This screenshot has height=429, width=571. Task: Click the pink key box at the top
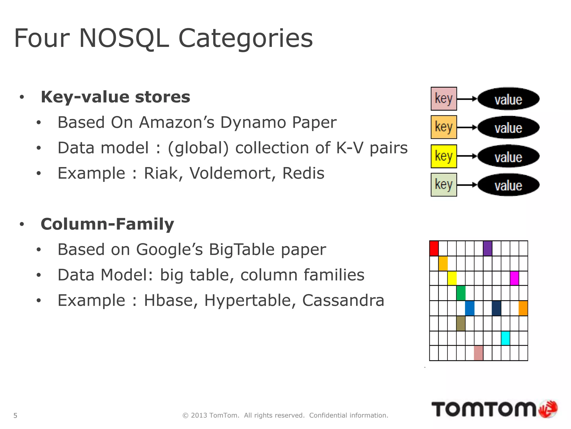(x=444, y=99)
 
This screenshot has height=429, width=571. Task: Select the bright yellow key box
(x=444, y=156)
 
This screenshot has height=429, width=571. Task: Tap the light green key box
(x=444, y=185)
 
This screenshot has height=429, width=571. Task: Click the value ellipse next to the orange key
(x=509, y=127)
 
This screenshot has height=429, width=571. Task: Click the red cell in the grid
(x=434, y=248)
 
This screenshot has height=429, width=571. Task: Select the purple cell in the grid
(x=487, y=248)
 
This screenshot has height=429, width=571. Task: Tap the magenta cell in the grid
(x=514, y=278)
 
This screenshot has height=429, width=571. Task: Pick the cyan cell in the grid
(x=505, y=338)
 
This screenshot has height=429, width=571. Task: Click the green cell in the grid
(x=461, y=293)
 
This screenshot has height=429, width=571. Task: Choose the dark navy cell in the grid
(x=496, y=308)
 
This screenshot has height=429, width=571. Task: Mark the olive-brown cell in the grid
(x=461, y=323)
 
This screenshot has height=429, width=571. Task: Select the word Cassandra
(x=343, y=301)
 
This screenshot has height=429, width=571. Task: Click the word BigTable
(x=242, y=249)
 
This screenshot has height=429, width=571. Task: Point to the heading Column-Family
(x=107, y=224)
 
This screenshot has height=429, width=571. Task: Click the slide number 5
(x=15, y=416)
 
